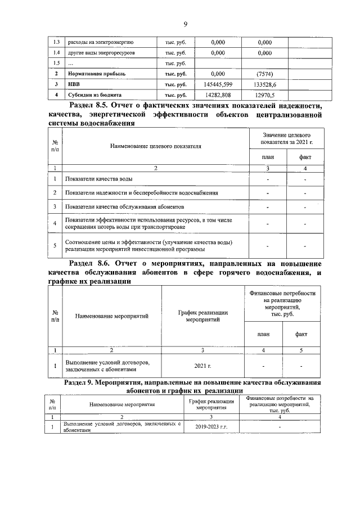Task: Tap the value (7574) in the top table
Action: coord(264,74)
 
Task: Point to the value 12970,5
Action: coord(264,95)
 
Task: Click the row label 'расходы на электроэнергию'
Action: coord(100,42)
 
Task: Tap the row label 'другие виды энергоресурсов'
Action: coord(101,53)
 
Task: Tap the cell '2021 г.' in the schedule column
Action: coord(202,366)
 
